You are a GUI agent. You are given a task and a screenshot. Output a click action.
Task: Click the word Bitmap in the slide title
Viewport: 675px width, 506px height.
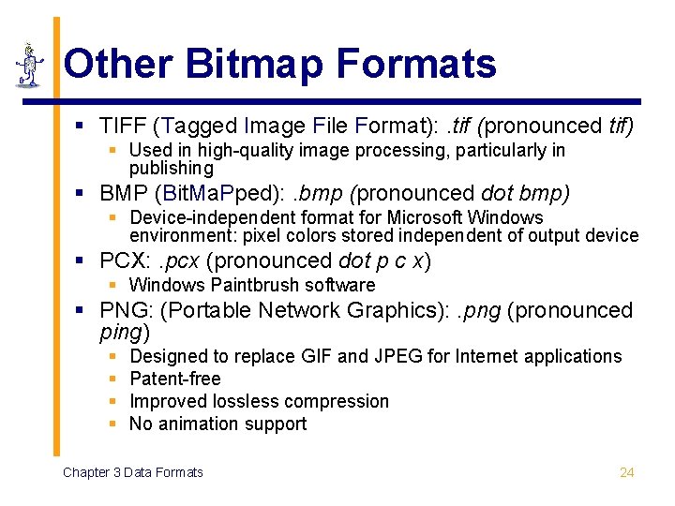[255, 64]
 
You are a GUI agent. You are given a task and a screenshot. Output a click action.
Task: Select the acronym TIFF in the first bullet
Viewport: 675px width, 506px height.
[124, 126]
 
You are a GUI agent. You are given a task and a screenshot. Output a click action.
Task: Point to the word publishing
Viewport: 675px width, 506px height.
[172, 169]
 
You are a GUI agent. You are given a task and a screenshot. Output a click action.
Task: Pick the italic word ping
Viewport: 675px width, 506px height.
[120, 332]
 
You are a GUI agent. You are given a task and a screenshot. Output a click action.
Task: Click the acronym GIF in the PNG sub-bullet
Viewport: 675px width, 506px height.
[316, 356]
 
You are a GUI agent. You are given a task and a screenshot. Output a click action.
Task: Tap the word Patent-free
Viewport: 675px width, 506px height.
[175, 379]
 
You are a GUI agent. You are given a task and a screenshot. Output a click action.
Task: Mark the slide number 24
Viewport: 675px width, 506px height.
[627, 472]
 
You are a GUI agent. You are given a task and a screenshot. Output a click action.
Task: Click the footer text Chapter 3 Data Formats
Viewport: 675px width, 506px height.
[132, 472]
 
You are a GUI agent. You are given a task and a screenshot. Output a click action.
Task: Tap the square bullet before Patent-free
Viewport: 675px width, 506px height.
[112, 379]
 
